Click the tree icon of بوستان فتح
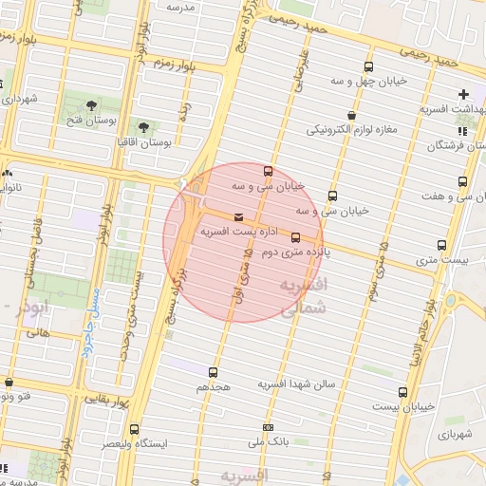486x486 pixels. tap(91, 105)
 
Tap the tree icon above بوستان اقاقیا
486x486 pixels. tap(143, 125)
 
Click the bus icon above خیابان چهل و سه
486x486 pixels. tap(368, 66)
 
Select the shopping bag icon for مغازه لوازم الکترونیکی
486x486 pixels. tap(351, 115)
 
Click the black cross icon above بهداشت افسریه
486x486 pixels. tap(463, 94)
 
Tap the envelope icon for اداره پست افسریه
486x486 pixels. tap(238, 217)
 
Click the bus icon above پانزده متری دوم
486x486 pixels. tap(295, 238)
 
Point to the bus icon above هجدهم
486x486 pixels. tap(213, 372)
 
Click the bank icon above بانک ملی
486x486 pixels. tap(268, 426)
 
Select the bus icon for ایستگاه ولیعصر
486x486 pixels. tap(134, 428)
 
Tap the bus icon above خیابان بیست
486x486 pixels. tap(402, 391)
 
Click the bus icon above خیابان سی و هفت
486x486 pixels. tap(463, 181)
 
